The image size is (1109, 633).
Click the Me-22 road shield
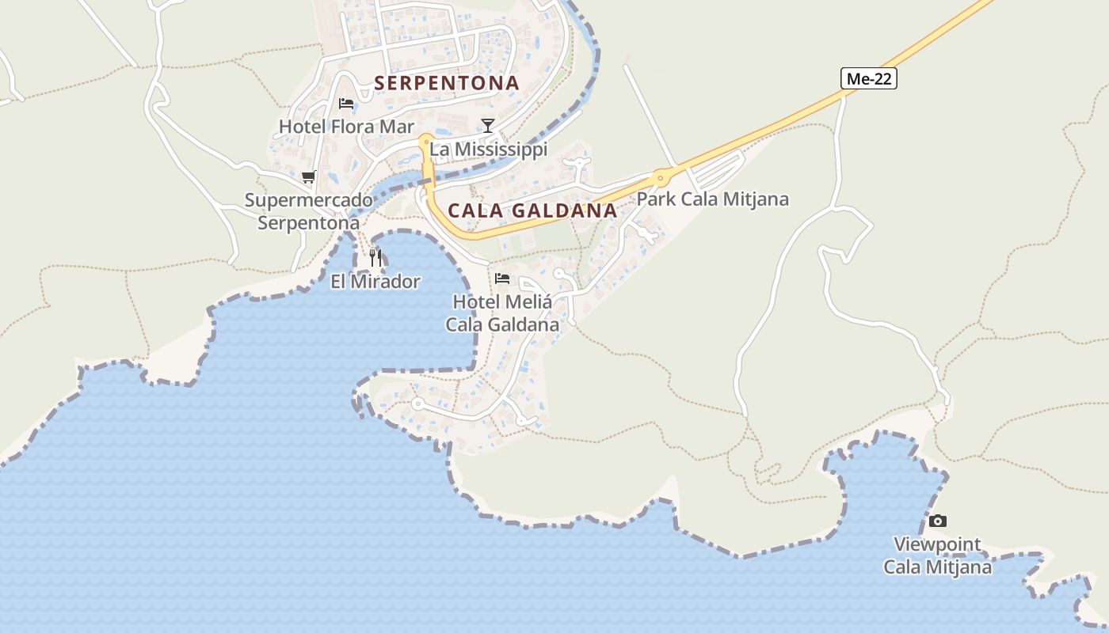[868, 78]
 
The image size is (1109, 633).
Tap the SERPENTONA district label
[447, 83]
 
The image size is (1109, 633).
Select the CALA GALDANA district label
[532, 210]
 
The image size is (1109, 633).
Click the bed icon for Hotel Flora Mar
[345, 103]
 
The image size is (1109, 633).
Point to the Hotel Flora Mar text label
[346, 127]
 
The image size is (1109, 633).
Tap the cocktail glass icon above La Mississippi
[488, 125]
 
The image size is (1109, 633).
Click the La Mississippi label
[488, 149]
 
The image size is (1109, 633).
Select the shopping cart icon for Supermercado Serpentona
[308, 176]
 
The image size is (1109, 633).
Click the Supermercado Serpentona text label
[308, 211]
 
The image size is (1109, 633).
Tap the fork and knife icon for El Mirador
[375, 257]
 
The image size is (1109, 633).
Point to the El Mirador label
[375, 281]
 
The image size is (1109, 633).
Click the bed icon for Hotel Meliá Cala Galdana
[501, 278]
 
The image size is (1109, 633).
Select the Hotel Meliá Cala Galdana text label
[502, 313]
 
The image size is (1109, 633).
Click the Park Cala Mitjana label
[712, 199]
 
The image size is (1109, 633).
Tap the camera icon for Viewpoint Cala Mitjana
[938, 521]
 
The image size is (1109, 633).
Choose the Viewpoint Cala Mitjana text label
[938, 555]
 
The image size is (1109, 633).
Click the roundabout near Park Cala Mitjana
[660, 177]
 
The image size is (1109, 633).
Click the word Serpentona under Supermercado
[308, 223]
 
